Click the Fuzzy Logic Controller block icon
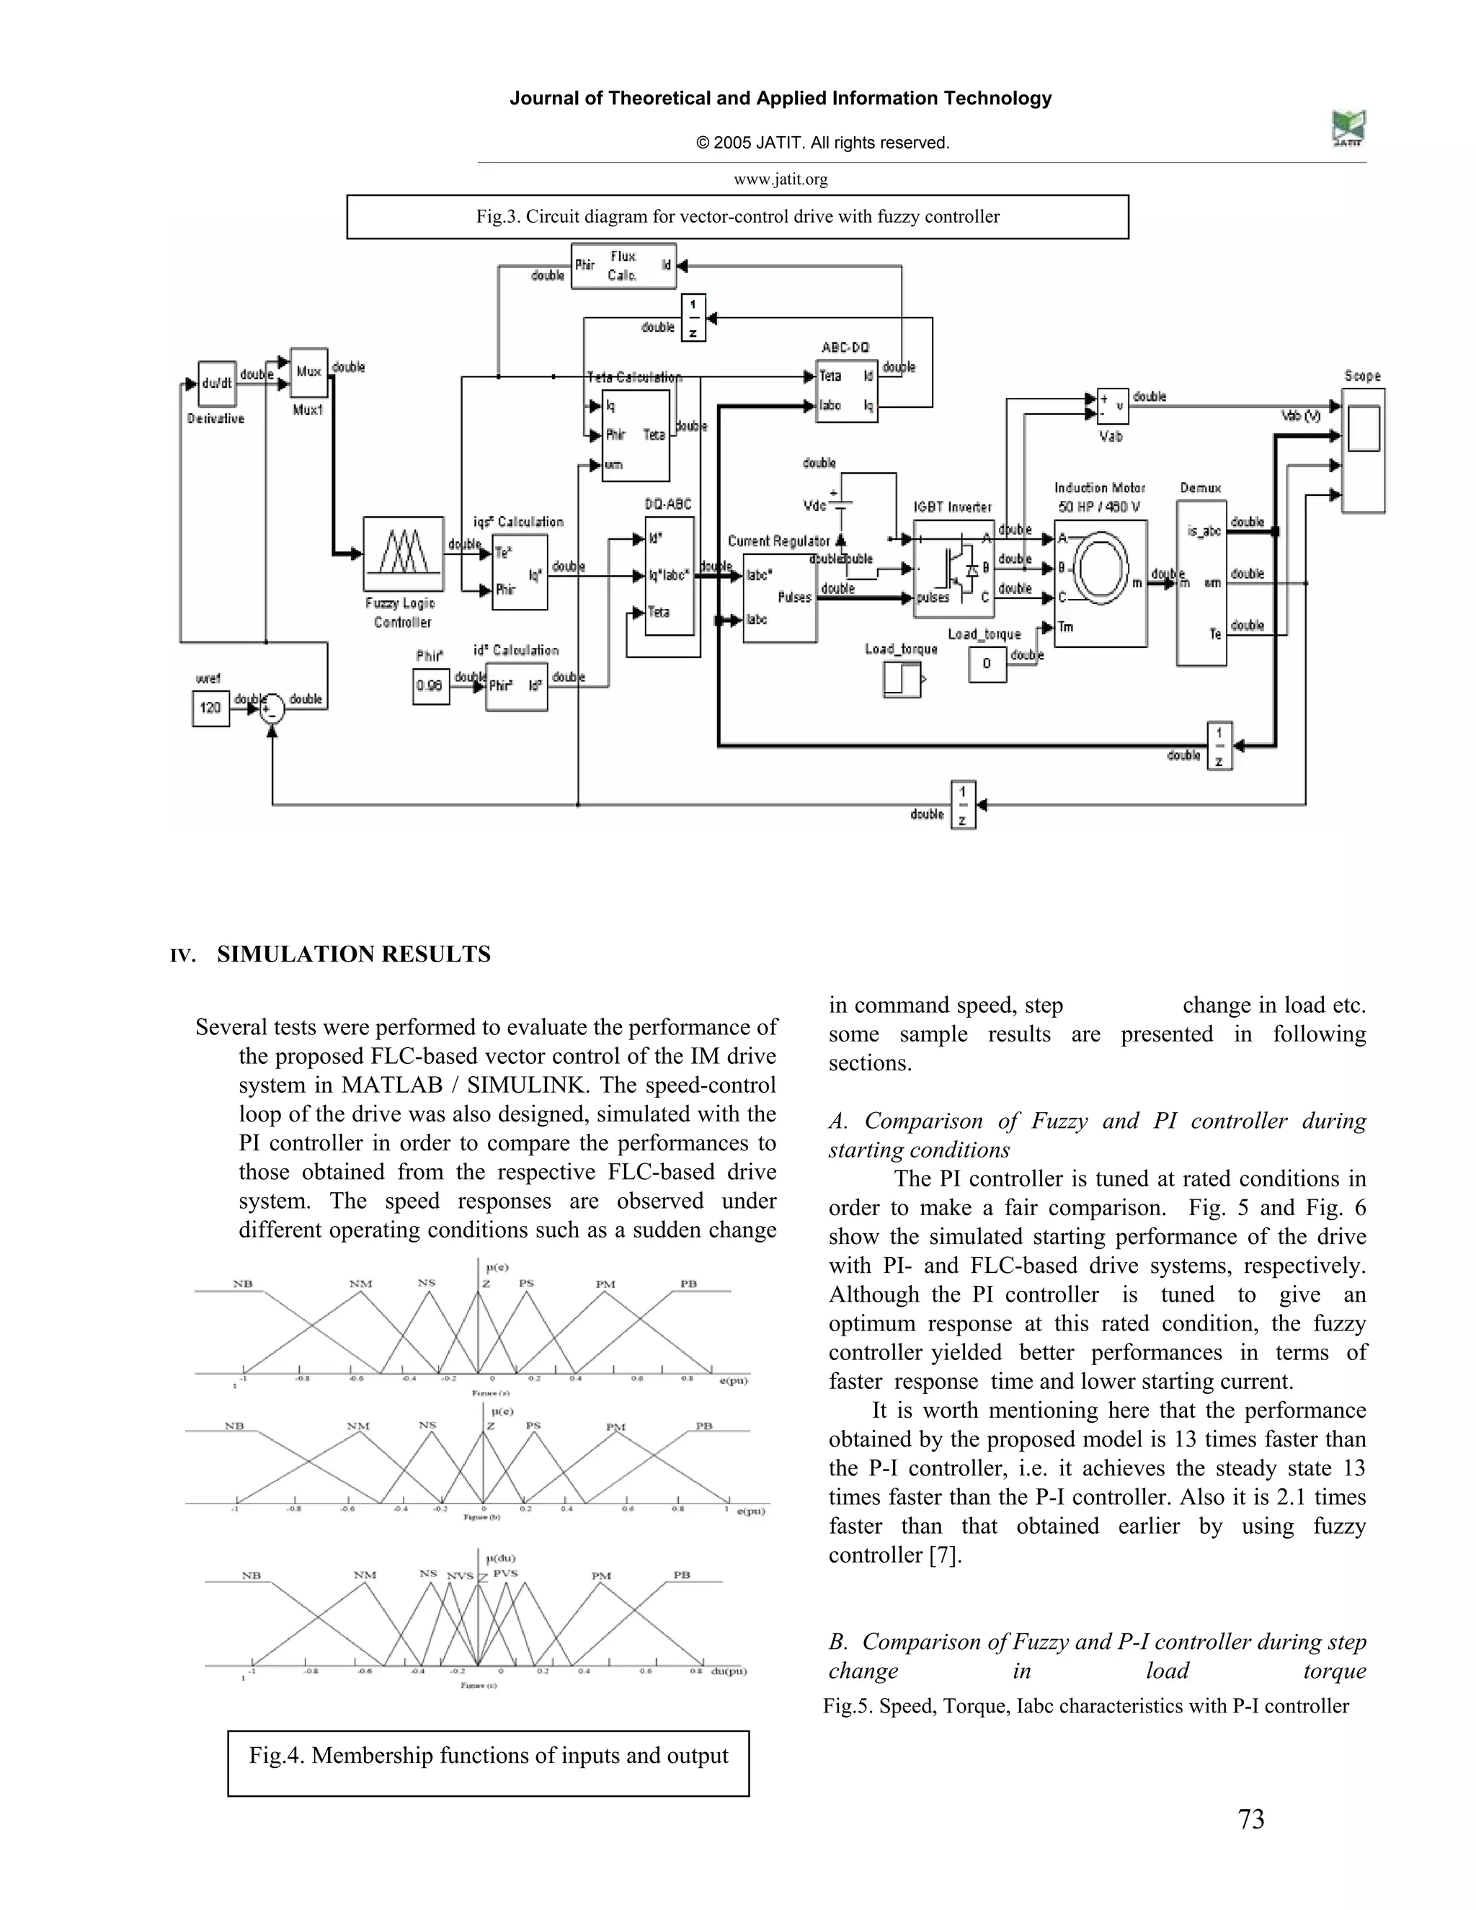pyautogui.click(x=403, y=554)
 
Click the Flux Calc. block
pyautogui.click(x=623, y=266)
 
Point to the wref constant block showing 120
pyautogui.click(x=210, y=708)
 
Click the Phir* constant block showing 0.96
pyautogui.click(x=430, y=685)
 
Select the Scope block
pyautogui.click(x=1363, y=450)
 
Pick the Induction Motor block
pyautogui.click(x=1100, y=582)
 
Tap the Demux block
pyautogui.click(x=1201, y=582)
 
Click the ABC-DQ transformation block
pyautogui.click(x=845, y=391)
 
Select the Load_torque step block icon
pyautogui.click(x=902, y=680)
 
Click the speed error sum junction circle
pyautogui.click(x=272, y=708)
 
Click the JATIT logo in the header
pyautogui.click(x=1348, y=130)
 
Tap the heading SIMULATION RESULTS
pyautogui.click(x=353, y=954)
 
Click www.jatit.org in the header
pyautogui.click(x=780, y=179)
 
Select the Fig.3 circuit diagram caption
pyautogui.click(x=737, y=217)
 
